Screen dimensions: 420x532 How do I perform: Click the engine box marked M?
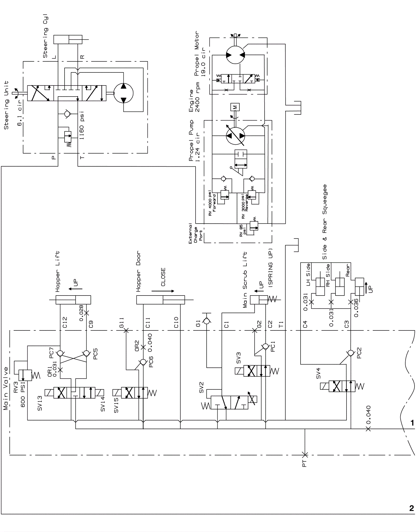[235, 107]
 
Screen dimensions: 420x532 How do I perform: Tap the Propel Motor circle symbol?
[235, 55]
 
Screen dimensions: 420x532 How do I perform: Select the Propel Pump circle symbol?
[235, 136]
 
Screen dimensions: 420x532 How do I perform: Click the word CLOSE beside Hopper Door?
[163, 277]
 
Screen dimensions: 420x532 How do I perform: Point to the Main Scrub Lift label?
[245, 280]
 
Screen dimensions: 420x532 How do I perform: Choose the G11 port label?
[122, 323]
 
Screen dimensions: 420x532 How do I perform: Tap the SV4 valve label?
[318, 373]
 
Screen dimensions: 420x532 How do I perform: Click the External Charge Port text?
[196, 234]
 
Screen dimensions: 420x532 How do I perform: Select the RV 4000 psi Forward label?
[212, 203]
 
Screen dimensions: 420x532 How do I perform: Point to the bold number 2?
[411, 508]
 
